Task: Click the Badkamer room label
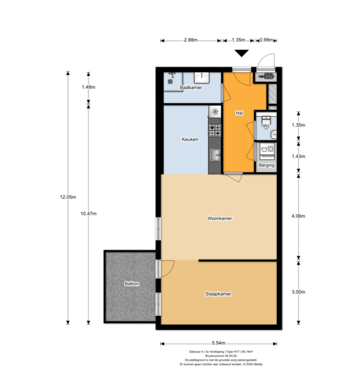coord(191,88)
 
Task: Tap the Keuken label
coord(190,139)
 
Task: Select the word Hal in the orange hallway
coord(239,113)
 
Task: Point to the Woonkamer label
coord(220,218)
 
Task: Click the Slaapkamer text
coord(218,294)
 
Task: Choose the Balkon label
coord(132,284)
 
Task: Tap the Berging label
coord(266,165)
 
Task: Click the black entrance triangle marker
coord(241,53)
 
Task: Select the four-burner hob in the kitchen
coord(215,130)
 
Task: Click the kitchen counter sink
coord(215,155)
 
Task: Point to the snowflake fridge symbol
coord(215,111)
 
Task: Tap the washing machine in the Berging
coord(266,151)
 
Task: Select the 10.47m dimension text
coord(89,214)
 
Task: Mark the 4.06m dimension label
coord(298,216)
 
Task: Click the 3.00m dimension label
coord(298,292)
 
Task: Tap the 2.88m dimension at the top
coord(190,41)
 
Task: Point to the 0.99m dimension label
coord(266,41)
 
